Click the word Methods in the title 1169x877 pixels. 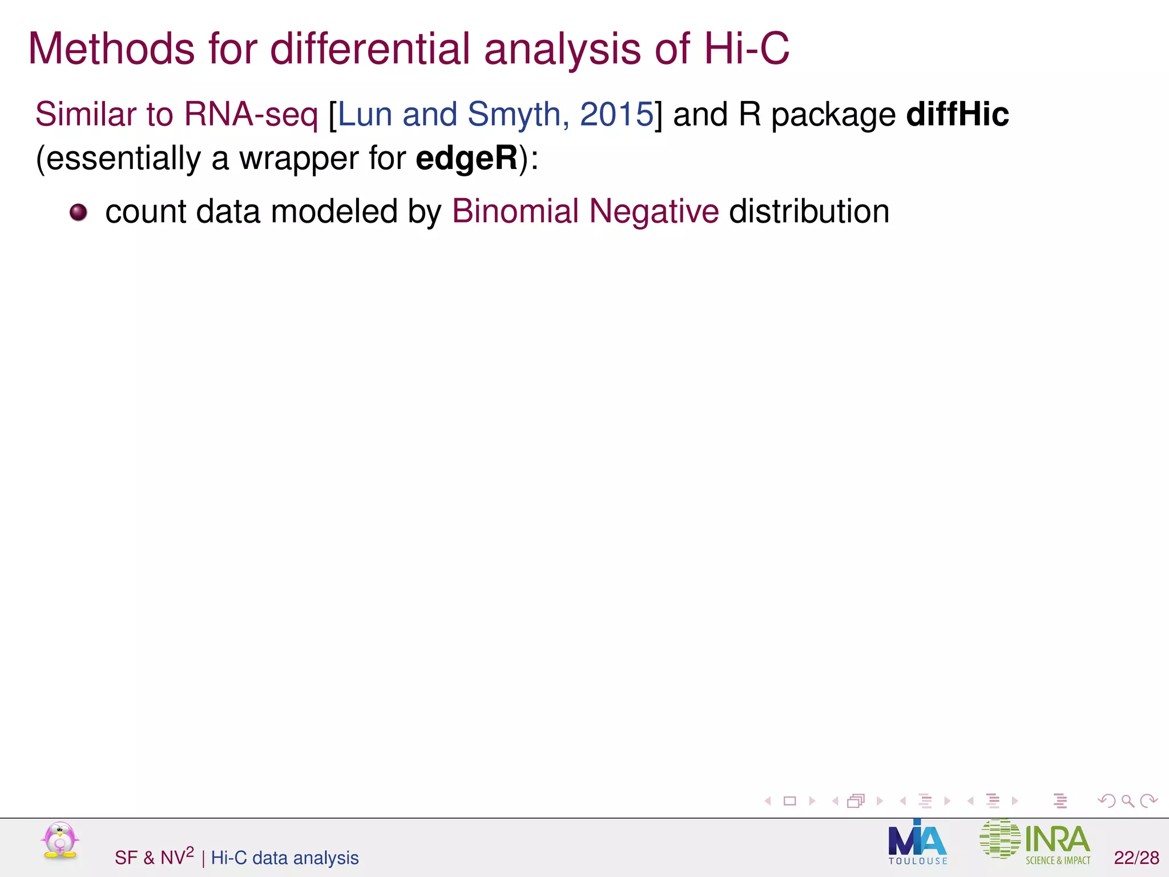pyautogui.click(x=112, y=49)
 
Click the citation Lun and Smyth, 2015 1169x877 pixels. pyautogui.click(x=495, y=114)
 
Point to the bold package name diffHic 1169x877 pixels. pyautogui.click(x=957, y=114)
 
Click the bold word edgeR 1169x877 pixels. pyautogui.click(x=466, y=158)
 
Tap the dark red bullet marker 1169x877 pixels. pyautogui.click(x=78, y=212)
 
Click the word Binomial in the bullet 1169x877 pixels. pyautogui.click(x=515, y=211)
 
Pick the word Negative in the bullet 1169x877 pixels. pyautogui.click(x=654, y=212)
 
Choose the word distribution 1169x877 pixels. pyautogui.click(x=809, y=211)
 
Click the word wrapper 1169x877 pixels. pyautogui.click(x=299, y=159)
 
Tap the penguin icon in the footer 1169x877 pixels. pyautogui.click(x=60, y=840)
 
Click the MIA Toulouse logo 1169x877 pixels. pyautogui.click(x=917, y=842)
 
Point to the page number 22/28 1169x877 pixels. pyautogui.click(x=1136, y=858)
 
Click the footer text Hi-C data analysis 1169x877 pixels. pyautogui.click(x=285, y=858)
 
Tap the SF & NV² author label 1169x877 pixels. pyautogui.click(x=154, y=857)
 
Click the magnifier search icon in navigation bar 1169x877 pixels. pyautogui.click(x=1127, y=801)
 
